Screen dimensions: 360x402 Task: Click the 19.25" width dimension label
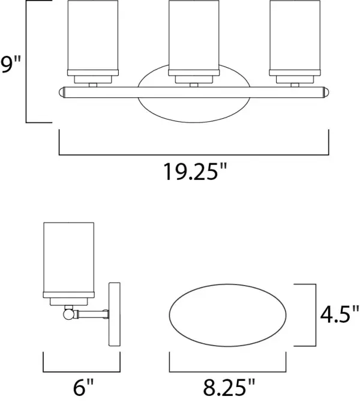pyautogui.click(x=195, y=172)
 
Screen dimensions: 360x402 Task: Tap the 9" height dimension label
pyautogui.click(x=11, y=65)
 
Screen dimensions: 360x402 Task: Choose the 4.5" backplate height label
pyautogui.click(x=340, y=314)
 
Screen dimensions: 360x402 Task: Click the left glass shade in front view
pyautogui.click(x=93, y=35)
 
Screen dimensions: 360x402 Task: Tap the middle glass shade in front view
pyautogui.click(x=194, y=35)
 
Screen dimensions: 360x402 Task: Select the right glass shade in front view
pyautogui.click(x=295, y=35)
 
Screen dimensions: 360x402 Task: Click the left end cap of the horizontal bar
pyautogui.click(x=62, y=92)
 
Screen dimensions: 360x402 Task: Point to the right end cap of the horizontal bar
pyautogui.click(x=326, y=92)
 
